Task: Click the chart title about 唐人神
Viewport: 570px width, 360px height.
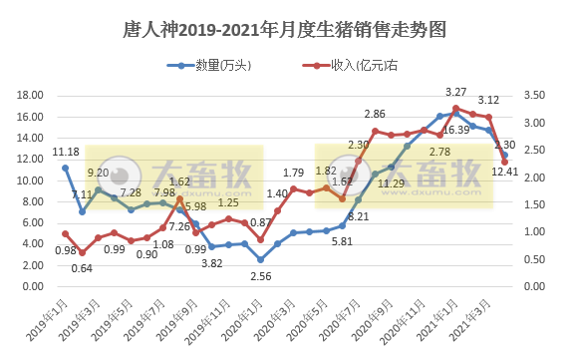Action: pyautogui.click(x=284, y=30)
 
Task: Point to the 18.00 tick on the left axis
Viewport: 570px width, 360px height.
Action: pyautogui.click(x=29, y=96)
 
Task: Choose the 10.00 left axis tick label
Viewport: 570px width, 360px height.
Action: pyautogui.click(x=29, y=180)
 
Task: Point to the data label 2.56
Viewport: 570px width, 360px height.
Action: pyautogui.click(x=262, y=275)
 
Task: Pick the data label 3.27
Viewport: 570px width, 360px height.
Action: pyautogui.click(x=456, y=93)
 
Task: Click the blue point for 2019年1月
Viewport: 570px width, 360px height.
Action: pyautogui.click(x=66, y=168)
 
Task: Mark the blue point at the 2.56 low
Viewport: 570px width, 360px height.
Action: pyautogui.click(x=261, y=259)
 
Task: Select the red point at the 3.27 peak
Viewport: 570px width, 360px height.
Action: pyautogui.click(x=456, y=108)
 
